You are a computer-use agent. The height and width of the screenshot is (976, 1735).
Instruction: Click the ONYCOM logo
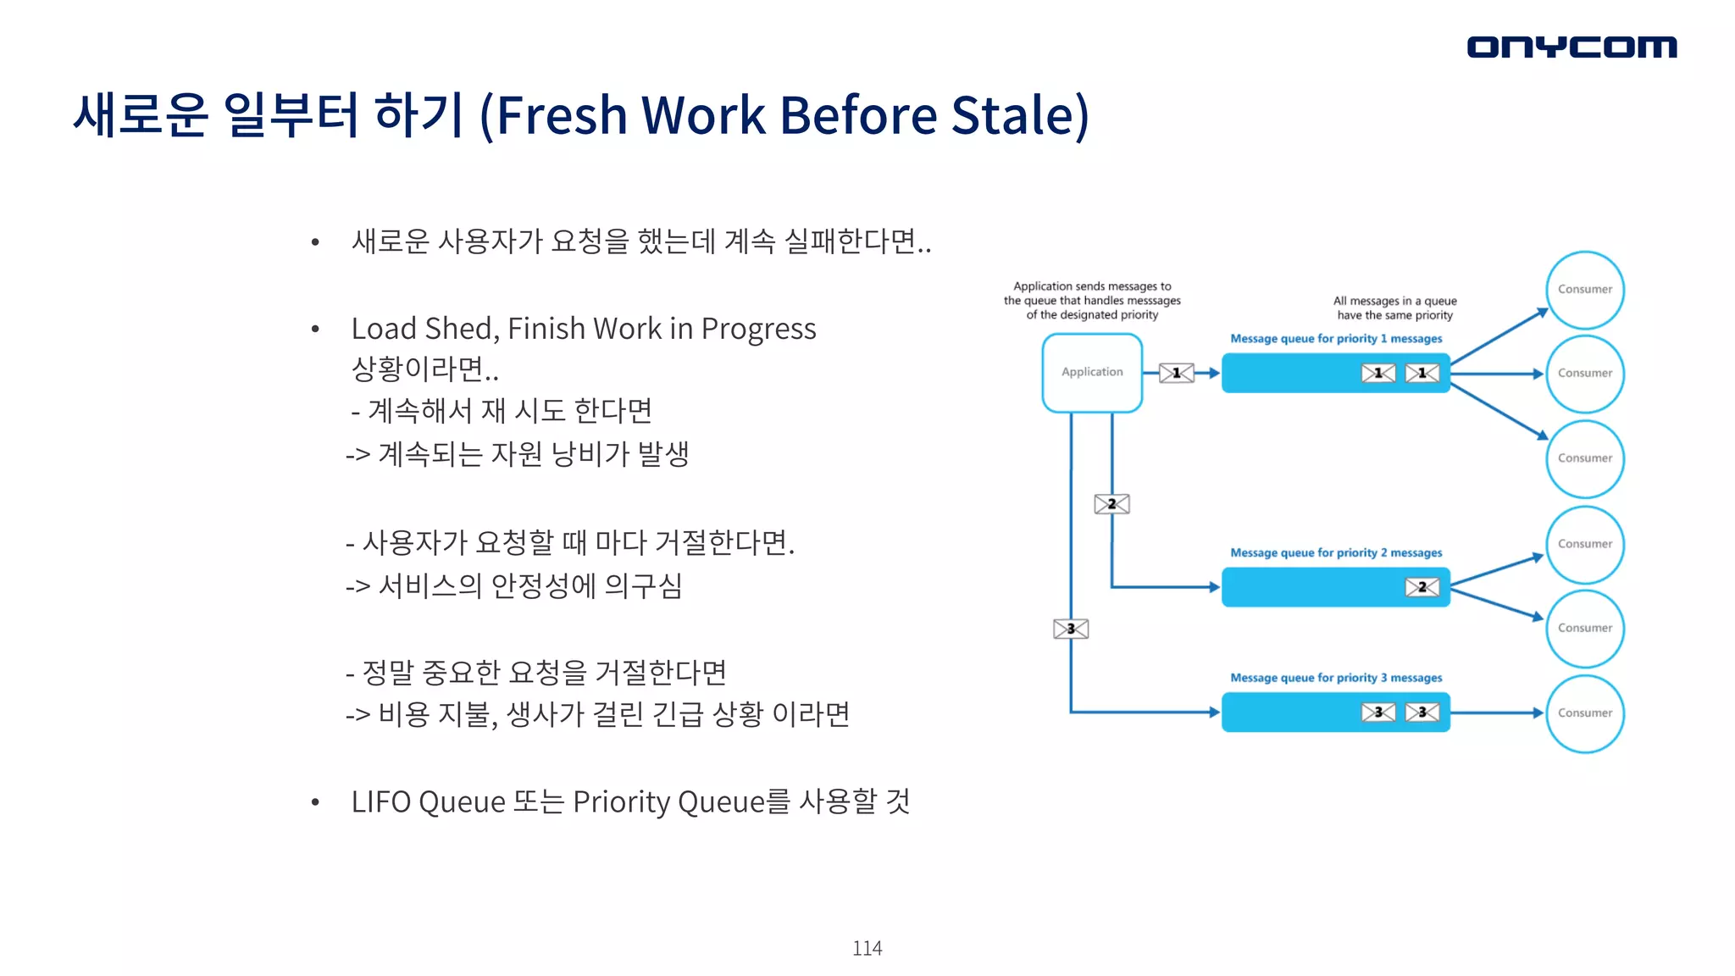[x=1571, y=47]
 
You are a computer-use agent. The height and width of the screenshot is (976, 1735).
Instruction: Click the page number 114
[x=867, y=948]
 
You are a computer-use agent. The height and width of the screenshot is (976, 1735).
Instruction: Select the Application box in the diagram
[x=1092, y=373]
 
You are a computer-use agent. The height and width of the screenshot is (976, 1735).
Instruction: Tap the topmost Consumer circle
[x=1584, y=290]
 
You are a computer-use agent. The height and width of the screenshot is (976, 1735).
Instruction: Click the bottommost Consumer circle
[x=1584, y=713]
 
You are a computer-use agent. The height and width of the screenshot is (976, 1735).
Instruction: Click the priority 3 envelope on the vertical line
[x=1071, y=629]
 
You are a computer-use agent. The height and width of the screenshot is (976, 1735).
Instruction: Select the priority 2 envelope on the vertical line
[x=1111, y=504]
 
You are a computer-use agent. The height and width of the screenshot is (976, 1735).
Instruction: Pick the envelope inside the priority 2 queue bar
[x=1422, y=587]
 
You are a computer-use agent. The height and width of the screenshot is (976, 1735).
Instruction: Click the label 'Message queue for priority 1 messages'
[x=1336, y=339]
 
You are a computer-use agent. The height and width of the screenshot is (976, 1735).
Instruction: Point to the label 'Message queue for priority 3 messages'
[x=1336, y=678]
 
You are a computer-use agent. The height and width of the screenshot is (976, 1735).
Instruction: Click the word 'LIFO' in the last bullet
[x=381, y=801]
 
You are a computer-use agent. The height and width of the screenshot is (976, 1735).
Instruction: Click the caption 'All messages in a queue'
[x=1394, y=301]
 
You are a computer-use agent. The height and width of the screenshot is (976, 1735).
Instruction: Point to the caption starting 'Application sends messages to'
[x=1092, y=286]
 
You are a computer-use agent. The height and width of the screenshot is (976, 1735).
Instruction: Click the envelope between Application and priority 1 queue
[x=1176, y=373]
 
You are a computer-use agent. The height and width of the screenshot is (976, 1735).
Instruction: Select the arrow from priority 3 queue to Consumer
[x=1497, y=713]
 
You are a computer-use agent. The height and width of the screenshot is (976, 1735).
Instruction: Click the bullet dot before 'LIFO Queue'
[x=315, y=802]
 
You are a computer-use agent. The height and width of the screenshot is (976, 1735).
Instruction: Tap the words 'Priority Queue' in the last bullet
[x=668, y=801]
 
